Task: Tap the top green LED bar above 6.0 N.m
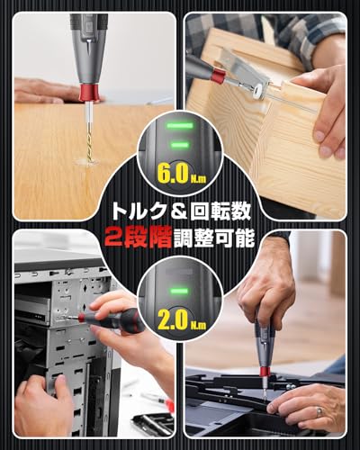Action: [x=180, y=127]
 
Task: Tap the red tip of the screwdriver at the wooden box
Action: [x=218, y=76]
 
